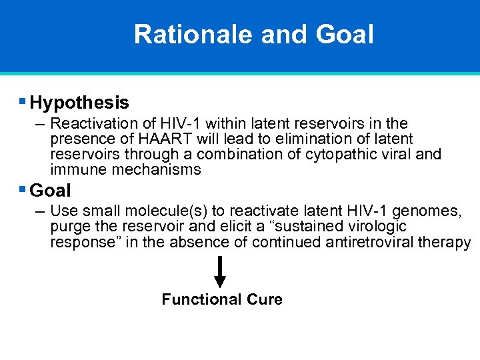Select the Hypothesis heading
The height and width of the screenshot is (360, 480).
[79, 103]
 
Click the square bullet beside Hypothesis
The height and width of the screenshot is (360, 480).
[23, 102]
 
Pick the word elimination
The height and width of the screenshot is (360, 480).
[304, 139]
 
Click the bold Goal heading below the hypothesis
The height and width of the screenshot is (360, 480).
[51, 191]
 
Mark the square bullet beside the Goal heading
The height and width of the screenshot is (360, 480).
[23, 190]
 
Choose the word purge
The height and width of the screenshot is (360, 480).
[69, 227]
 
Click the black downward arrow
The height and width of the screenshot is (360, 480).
[220, 273]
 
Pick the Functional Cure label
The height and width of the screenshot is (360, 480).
[222, 299]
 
